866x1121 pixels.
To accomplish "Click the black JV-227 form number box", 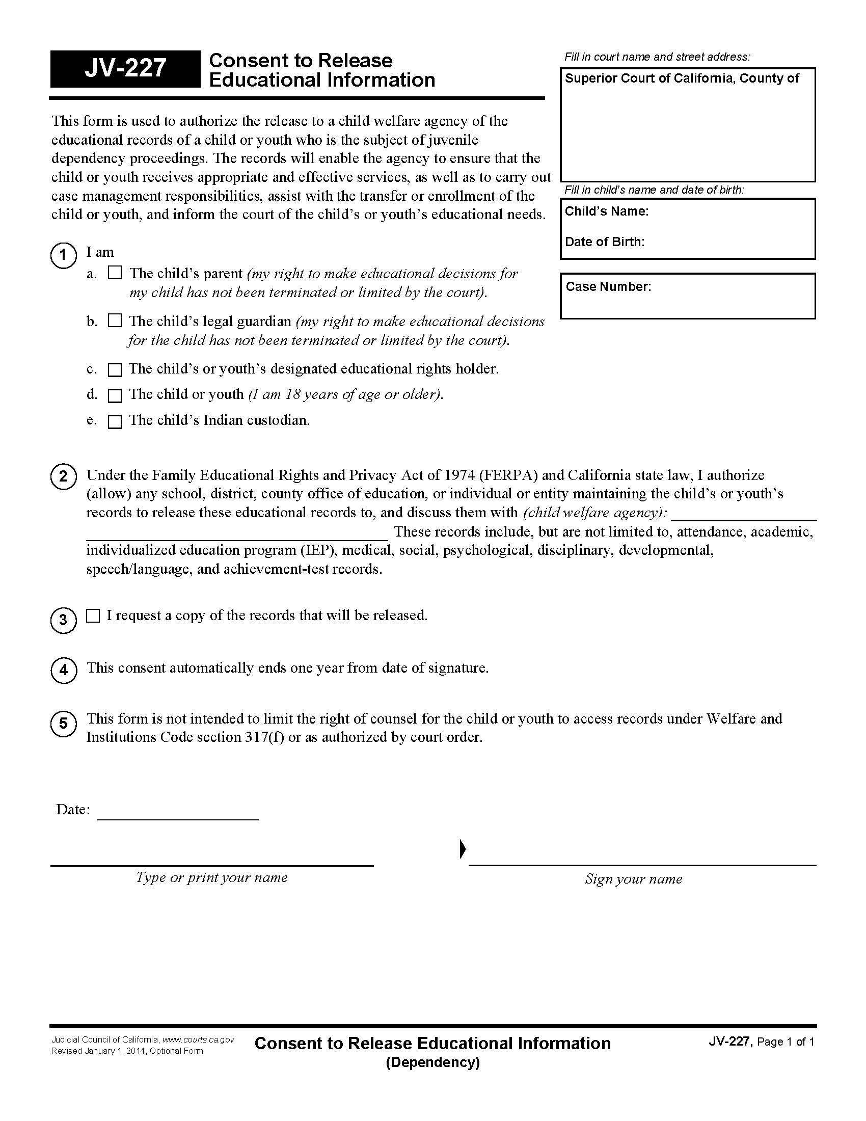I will tap(125, 69).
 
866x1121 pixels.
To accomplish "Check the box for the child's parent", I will tap(115, 273).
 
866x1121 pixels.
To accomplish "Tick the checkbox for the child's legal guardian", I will tap(115, 321).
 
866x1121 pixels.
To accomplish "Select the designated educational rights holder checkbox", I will tap(115, 369).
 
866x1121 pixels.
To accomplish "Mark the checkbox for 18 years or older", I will tap(115, 395).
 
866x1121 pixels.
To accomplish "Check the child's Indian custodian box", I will tap(115, 421).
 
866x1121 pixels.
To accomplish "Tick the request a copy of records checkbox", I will tap(93, 616).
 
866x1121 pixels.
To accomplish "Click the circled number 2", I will tap(63, 476).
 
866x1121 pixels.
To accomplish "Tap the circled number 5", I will tap(63, 724).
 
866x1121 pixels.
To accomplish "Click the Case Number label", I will tap(608, 287).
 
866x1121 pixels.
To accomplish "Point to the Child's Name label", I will tap(606, 211).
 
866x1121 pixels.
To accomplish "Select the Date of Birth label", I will tap(604, 242).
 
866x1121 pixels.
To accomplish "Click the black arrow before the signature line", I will tap(462, 849).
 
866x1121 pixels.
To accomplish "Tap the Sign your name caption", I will tap(634, 879).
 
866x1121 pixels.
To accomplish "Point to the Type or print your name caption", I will tap(211, 878).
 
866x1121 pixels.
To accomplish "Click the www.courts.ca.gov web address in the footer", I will tap(198, 1039).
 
